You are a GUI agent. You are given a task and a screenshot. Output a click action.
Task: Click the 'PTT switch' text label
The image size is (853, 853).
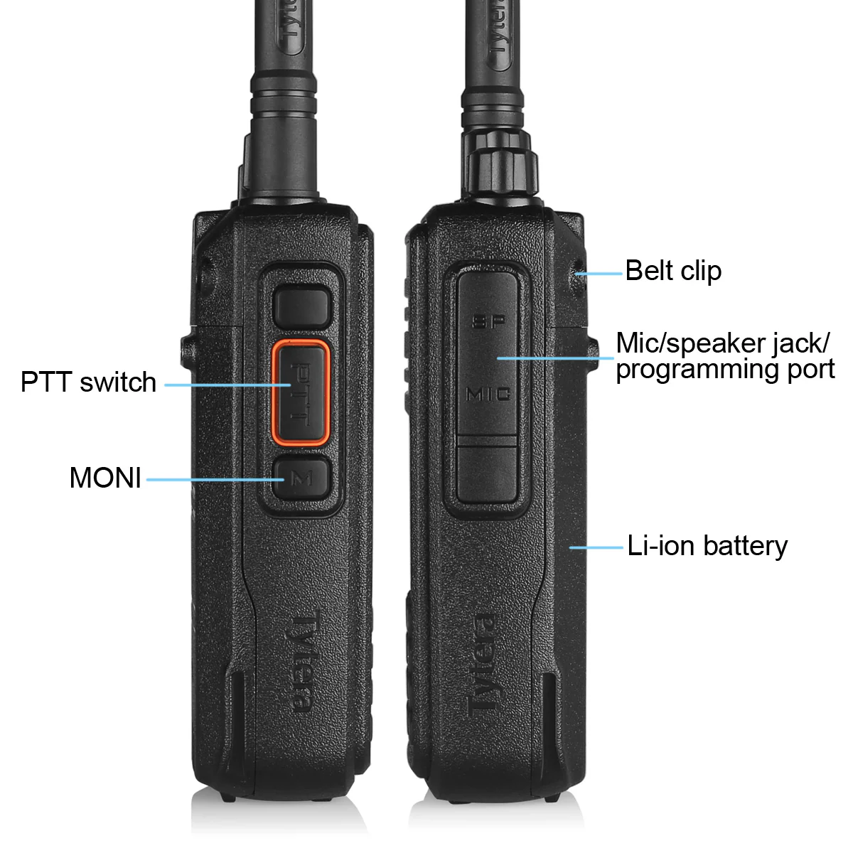click(88, 382)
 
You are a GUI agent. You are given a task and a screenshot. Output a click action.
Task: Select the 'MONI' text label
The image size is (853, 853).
click(105, 478)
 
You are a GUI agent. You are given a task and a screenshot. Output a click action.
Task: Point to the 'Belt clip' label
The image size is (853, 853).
click(673, 271)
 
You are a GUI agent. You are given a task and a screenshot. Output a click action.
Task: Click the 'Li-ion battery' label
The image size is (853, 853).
click(707, 546)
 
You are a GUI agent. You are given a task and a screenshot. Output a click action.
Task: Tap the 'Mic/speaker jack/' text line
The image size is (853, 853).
click(722, 343)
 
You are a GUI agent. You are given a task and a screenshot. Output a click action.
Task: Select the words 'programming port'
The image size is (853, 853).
click(725, 370)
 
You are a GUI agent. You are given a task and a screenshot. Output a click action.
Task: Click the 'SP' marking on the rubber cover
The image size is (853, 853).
click(489, 321)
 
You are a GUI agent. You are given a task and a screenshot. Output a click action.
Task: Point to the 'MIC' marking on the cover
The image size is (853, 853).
click(488, 393)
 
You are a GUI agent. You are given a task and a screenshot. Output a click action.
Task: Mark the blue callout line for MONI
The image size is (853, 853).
click(213, 479)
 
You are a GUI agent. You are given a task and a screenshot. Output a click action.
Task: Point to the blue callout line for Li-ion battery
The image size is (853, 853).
click(596, 547)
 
